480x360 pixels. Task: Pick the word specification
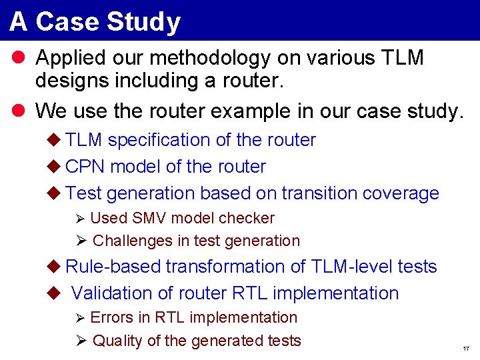pos(159,140)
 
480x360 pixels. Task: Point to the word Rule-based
pos(113,267)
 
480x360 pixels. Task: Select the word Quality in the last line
pos(117,341)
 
